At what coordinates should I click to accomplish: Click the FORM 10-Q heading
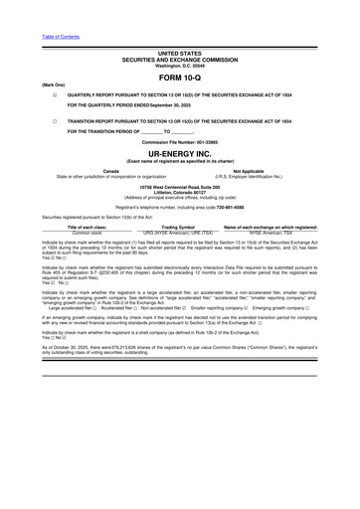(179, 76)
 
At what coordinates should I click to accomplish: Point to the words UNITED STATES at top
(179, 53)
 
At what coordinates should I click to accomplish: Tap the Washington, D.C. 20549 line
(179, 65)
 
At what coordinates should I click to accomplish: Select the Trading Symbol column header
(179, 227)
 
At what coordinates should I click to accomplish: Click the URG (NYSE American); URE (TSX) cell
(179, 233)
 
